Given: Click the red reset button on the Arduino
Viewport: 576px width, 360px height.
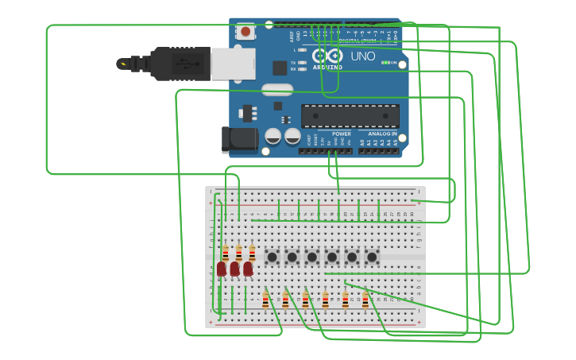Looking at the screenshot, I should coord(245,32).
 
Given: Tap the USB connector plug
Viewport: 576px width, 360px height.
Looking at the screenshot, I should coord(182,64).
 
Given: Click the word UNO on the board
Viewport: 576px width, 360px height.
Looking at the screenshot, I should coord(362,56).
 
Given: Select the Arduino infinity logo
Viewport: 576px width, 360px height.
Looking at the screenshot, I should coord(327,56).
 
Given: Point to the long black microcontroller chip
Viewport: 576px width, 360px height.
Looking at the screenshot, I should coord(350,116).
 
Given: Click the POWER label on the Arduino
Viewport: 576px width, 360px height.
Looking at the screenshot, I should coord(341,134).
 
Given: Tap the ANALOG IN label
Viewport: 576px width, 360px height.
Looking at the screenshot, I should coord(382,134).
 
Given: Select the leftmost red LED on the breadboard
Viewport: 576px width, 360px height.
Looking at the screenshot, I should coord(222,269).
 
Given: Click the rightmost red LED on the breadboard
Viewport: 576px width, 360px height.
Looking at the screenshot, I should coord(248,269).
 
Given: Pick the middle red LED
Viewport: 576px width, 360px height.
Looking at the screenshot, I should coord(235,269).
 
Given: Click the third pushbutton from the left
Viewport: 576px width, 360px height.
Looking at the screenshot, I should coord(312,257).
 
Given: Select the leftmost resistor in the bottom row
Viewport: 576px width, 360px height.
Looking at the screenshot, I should coord(265,300).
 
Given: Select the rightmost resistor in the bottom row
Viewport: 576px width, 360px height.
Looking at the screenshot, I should coord(365,300).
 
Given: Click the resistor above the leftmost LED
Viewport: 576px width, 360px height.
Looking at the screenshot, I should coord(226,253).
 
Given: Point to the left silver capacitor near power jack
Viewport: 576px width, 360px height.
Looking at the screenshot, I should coord(273,137).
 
